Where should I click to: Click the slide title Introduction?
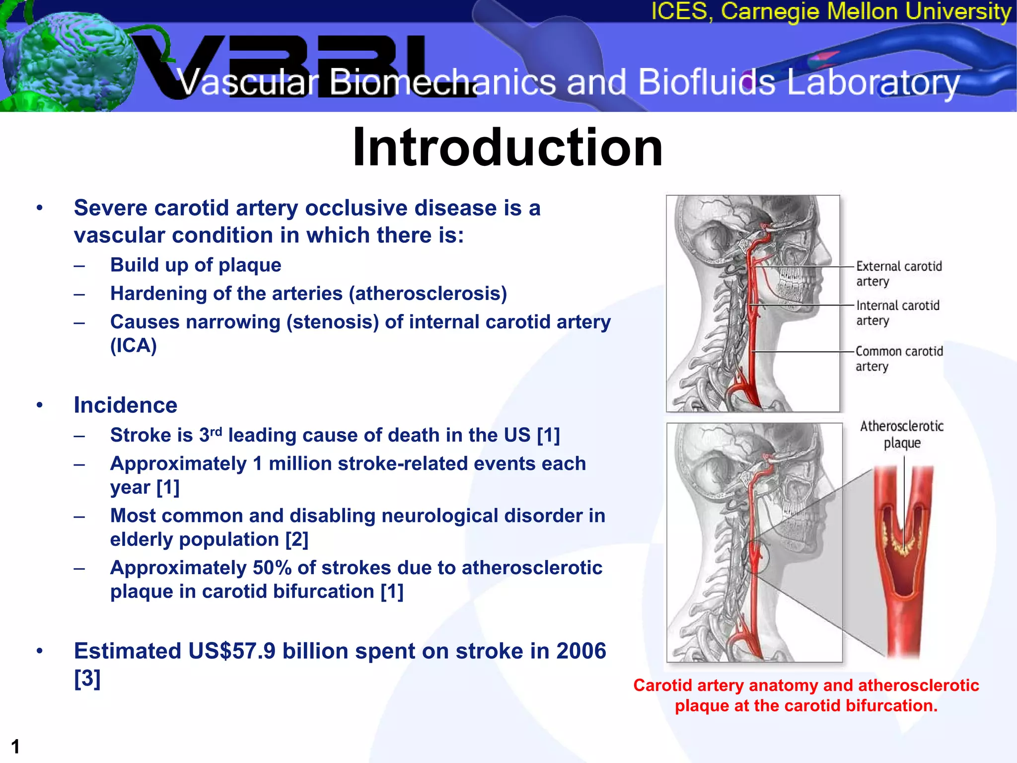(508, 147)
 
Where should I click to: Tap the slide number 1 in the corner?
(15, 747)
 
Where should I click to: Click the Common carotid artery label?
(898, 358)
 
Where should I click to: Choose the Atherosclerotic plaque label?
(901, 434)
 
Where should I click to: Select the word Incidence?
(126, 405)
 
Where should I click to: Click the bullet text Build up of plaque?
(196, 265)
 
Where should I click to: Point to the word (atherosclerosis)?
(428, 294)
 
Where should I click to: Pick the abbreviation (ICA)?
(133, 346)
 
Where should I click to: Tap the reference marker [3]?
(87, 678)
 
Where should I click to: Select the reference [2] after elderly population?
(296, 539)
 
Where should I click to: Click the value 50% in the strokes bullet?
(272, 568)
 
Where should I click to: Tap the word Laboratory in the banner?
(873, 83)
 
